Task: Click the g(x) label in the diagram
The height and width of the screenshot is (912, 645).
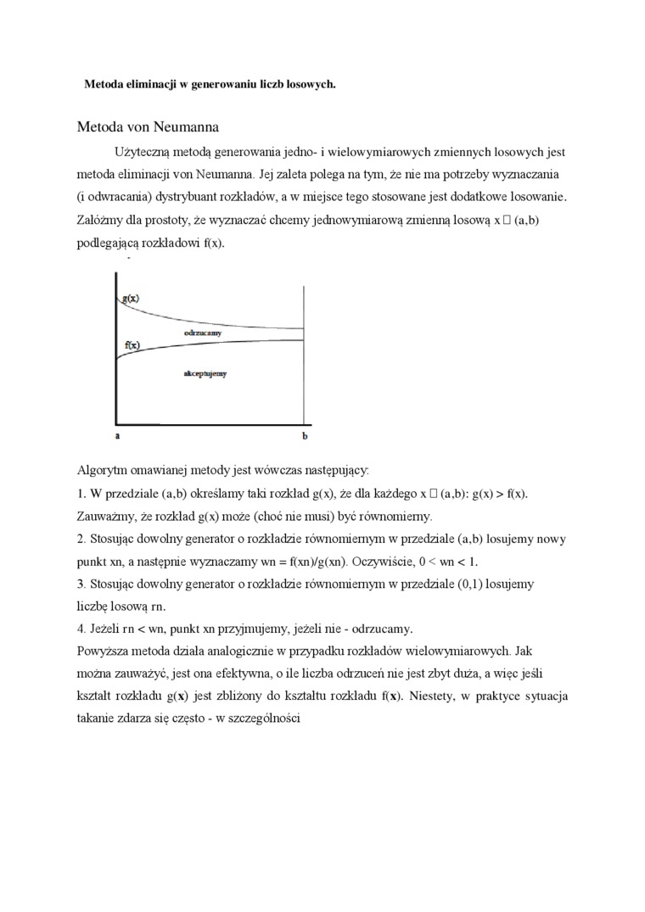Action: (131, 299)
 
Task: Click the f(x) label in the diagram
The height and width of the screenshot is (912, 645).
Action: (132, 345)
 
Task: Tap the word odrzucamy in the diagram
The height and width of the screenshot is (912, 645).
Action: (203, 333)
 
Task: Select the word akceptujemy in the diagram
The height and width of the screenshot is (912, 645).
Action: (205, 372)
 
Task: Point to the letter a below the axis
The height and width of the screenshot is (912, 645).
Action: (117, 435)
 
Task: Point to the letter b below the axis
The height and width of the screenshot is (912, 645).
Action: (305, 435)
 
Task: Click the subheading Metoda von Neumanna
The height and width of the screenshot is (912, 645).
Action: (148, 127)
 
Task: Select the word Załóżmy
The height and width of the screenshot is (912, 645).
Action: (103, 220)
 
